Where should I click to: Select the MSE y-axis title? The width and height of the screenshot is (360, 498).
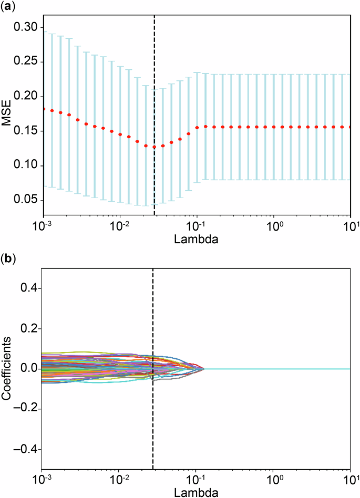click(x=7, y=113)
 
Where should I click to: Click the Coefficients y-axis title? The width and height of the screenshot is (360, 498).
click(x=7, y=369)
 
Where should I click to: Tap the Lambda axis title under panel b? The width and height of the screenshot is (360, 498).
click(x=197, y=492)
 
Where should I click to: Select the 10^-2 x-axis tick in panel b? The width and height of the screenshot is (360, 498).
click(x=119, y=480)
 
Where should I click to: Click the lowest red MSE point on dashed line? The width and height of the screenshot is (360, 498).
click(x=154, y=147)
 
